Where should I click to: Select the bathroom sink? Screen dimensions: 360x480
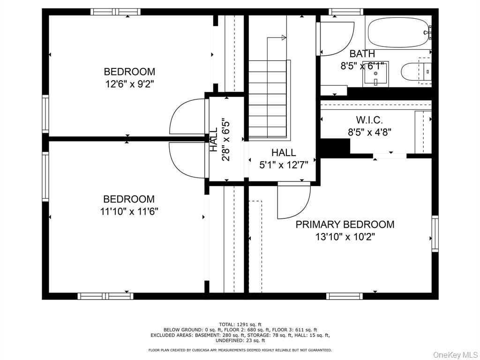tap(375, 75)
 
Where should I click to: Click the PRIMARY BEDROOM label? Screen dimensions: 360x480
tap(345, 225)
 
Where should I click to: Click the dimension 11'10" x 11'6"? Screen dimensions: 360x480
tap(129, 211)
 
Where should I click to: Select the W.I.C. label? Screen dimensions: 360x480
tap(369, 120)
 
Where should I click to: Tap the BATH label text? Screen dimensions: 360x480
tap(362, 53)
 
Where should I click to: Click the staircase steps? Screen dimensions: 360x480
tap(267, 98)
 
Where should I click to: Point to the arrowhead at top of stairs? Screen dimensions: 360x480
tap(284, 37)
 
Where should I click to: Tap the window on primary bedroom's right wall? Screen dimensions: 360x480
tap(435, 233)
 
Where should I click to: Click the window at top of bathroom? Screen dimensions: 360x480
tap(346, 12)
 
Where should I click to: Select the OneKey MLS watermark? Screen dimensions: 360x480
tap(455, 354)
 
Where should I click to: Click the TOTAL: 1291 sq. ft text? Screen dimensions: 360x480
tap(240, 324)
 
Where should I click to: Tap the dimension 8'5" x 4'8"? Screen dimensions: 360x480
tap(369, 132)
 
